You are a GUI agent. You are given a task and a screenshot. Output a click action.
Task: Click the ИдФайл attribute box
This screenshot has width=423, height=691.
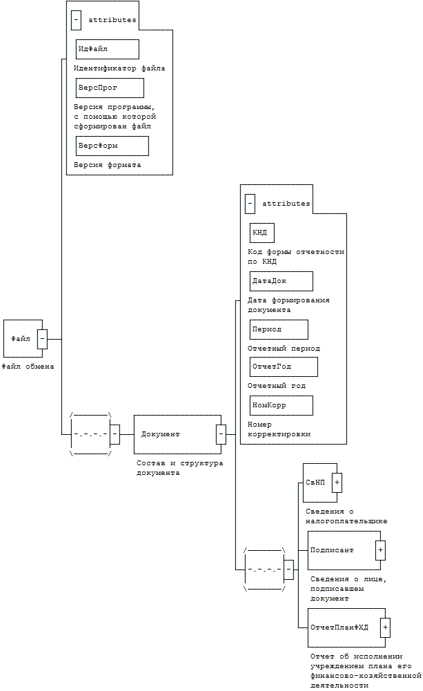(x=107, y=49)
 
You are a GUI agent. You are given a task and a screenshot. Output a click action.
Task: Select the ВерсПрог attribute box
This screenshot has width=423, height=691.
(x=110, y=88)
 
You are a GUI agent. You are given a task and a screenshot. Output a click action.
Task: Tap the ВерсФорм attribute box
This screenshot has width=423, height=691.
(x=112, y=146)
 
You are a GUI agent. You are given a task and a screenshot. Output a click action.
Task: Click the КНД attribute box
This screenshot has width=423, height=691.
(x=262, y=233)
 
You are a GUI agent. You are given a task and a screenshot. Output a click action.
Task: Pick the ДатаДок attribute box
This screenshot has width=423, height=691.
(x=281, y=281)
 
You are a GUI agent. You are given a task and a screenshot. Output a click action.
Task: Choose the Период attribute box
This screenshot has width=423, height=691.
(x=279, y=329)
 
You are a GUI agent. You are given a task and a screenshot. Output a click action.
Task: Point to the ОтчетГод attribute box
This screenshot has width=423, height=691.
(x=284, y=367)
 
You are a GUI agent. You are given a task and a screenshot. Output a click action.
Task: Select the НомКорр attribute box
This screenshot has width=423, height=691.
(x=281, y=405)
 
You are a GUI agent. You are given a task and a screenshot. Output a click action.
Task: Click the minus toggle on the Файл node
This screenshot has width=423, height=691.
(x=42, y=339)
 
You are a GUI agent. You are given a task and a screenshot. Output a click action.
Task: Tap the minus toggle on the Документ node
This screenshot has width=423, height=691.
(x=221, y=434)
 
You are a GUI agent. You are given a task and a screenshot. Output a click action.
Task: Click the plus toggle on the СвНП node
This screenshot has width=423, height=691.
(x=337, y=483)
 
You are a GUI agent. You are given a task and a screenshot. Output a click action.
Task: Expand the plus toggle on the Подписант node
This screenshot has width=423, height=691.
(x=380, y=550)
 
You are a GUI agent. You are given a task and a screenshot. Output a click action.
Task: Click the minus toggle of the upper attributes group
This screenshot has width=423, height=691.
(x=76, y=20)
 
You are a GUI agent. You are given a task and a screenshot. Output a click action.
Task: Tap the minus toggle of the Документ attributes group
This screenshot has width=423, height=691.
(x=250, y=204)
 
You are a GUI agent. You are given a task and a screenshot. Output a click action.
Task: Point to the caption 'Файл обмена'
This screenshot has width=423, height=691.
(x=28, y=367)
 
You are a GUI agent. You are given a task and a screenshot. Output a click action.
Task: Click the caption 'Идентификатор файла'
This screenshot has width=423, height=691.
(x=119, y=68)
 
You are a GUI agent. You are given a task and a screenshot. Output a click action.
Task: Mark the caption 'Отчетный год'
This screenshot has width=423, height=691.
(x=276, y=386)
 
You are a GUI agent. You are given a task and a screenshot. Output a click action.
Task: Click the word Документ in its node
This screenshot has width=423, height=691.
(x=160, y=434)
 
